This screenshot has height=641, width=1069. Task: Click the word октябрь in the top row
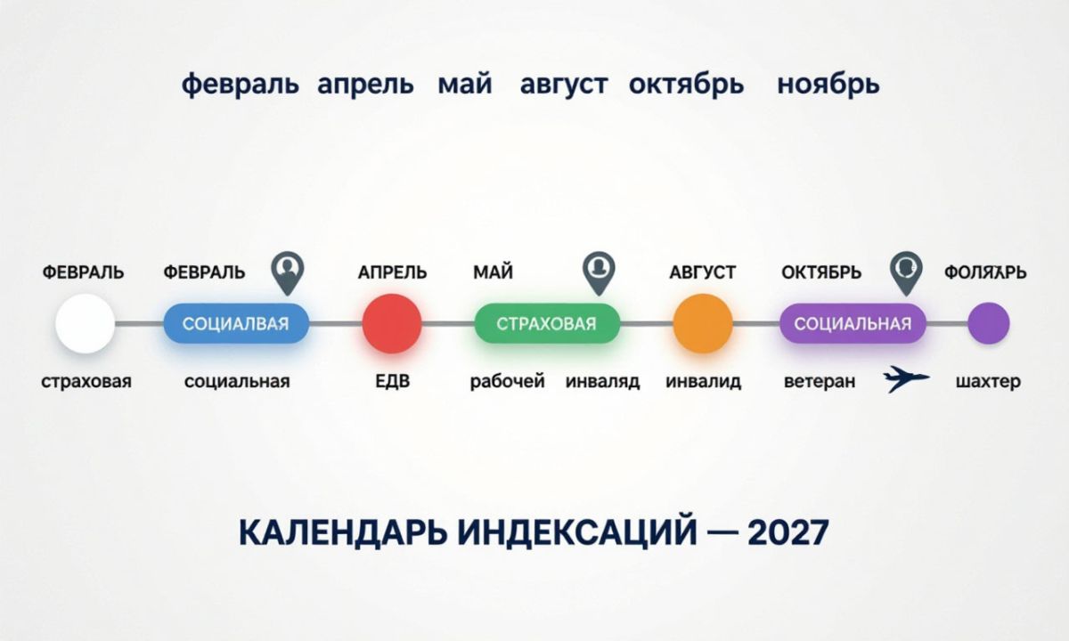point(686,85)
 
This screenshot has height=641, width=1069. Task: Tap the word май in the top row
point(465,85)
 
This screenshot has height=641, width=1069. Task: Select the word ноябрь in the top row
point(828,85)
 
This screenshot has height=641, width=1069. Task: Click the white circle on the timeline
point(86,323)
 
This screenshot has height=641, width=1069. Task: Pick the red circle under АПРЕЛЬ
point(392,323)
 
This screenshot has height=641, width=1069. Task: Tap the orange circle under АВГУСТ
point(703,323)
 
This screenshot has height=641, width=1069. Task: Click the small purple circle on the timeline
point(989,323)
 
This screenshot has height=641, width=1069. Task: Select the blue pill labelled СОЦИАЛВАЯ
point(236,323)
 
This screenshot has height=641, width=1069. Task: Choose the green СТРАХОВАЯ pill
point(547,323)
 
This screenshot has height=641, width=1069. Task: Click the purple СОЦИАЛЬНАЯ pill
point(853,323)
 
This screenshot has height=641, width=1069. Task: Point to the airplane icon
point(906,379)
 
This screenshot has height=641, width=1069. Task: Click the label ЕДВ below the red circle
point(392,382)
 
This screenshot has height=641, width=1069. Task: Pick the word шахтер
point(988,382)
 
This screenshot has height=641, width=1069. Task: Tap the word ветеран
point(820,382)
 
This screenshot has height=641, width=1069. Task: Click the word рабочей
point(507,382)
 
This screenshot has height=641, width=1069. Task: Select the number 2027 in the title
point(787,532)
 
